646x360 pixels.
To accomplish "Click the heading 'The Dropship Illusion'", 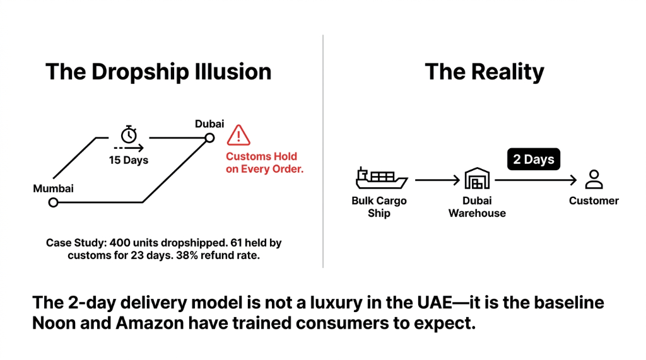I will tap(158, 72).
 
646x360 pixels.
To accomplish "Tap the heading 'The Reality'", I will tap(484, 72).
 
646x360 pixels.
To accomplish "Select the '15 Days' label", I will tap(129, 160).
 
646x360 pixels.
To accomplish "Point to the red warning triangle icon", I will tap(238, 135).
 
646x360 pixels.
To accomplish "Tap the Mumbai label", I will tap(54, 189).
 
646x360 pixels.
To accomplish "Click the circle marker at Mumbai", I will tap(54, 202).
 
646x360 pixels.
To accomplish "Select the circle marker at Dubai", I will tap(209, 137).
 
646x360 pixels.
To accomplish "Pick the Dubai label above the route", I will tap(209, 124).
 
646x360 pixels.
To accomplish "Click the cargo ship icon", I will tap(380, 179).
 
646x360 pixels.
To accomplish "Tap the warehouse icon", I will tap(477, 179).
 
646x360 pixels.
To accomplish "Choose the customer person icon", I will tap(593, 179).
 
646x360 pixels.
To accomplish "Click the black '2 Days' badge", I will tap(534, 160).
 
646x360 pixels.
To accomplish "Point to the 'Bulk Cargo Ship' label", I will tap(379, 207).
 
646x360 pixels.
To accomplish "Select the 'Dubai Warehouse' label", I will tap(477, 207).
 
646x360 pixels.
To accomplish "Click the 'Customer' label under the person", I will tap(594, 201).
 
